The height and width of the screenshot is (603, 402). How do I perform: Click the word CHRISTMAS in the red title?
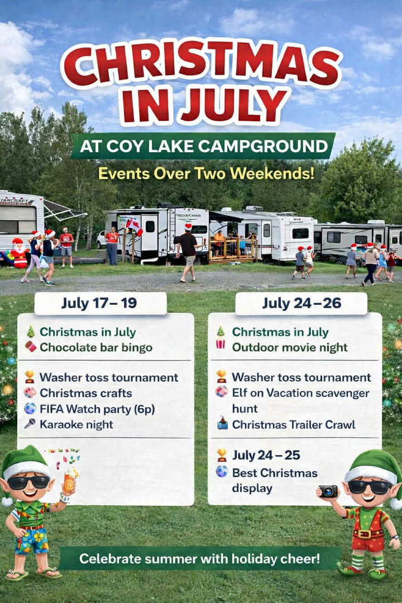(x=201, y=63)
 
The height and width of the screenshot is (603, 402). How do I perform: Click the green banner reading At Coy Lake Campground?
(x=203, y=146)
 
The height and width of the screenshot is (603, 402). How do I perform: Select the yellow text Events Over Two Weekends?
(x=206, y=173)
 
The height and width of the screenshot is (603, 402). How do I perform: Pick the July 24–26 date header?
(x=301, y=304)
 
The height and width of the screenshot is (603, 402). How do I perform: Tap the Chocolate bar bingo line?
(x=95, y=347)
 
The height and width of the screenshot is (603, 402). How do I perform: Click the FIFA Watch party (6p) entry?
(x=97, y=409)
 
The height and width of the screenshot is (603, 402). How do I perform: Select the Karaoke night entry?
(x=76, y=424)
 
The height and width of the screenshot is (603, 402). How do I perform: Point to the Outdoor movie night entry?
(x=289, y=347)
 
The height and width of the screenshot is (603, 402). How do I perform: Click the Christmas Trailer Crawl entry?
(x=293, y=424)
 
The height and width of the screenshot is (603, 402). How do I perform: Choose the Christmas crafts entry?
(x=85, y=393)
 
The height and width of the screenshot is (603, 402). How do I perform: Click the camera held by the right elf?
(x=328, y=491)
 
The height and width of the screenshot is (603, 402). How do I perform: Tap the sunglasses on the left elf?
(x=28, y=482)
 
